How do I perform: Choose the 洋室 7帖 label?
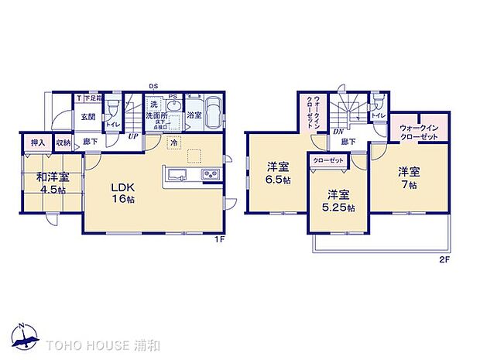[x=410, y=177]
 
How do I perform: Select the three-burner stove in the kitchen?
[x=211, y=174]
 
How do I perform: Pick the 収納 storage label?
[x=63, y=142]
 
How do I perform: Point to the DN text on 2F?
[x=338, y=132]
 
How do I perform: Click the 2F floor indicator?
[x=444, y=259]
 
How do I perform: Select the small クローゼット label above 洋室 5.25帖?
[x=328, y=159]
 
